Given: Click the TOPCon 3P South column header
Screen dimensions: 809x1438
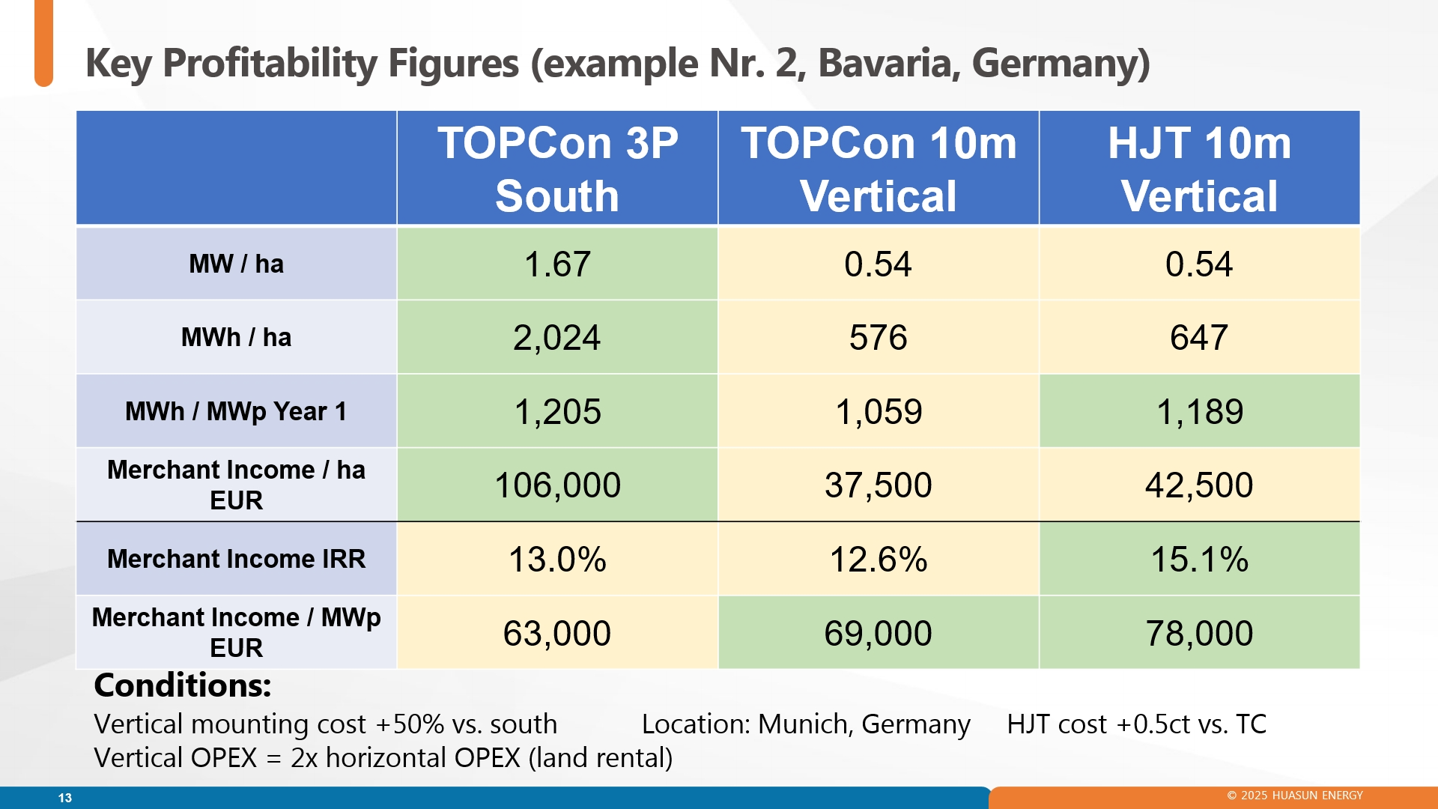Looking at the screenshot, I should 557,169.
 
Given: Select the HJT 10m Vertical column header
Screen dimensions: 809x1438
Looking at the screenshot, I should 1199,169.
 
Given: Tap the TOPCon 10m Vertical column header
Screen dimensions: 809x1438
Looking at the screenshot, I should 879,169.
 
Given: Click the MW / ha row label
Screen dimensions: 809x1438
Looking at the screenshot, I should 236,264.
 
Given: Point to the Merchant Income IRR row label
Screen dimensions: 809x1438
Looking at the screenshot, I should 236,559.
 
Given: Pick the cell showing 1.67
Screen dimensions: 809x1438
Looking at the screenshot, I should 557,264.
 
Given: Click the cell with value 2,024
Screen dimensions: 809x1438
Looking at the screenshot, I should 557,337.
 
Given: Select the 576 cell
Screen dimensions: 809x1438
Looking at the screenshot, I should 879,337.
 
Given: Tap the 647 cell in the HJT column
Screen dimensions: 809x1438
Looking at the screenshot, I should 1199,337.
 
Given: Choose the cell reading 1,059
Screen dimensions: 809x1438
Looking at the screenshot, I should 879,411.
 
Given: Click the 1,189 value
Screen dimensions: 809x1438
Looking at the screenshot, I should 1199,411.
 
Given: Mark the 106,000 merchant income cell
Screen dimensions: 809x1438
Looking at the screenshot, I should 557,485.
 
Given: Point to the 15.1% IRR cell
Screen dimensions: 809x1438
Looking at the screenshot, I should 1199,559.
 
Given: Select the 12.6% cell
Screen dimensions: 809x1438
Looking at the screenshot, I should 879,559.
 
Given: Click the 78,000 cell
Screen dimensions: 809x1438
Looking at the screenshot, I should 1199,633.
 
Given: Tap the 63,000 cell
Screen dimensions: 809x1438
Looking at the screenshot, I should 557,633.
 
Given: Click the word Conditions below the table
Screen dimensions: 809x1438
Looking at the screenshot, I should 183,685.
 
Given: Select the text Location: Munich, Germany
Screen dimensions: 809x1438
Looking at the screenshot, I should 806,724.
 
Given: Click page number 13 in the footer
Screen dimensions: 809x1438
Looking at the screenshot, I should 65,798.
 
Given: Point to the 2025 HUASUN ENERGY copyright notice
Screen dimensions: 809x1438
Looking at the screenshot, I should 1295,796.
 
